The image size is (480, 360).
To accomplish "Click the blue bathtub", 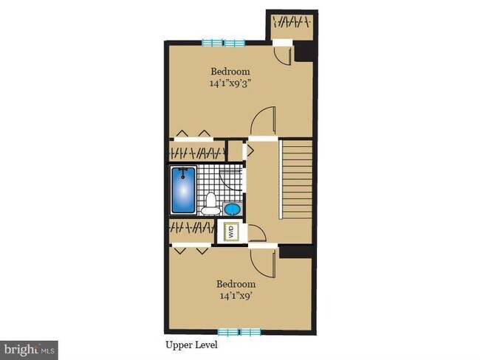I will click(x=184, y=190).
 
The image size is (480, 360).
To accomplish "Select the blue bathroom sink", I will click(x=233, y=208).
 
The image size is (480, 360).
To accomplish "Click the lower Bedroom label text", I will click(x=236, y=284).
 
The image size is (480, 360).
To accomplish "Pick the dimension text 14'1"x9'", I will click(x=236, y=297).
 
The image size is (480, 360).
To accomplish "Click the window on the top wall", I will click(x=224, y=42).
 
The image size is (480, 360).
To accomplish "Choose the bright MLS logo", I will click(x=29, y=347).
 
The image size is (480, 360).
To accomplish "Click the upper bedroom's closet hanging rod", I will click(x=198, y=153).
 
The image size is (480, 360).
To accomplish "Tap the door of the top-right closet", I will click(x=284, y=53).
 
